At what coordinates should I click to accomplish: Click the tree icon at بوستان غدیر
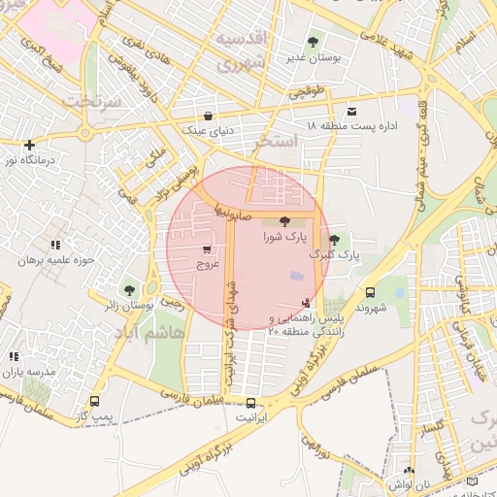click(x=313, y=42)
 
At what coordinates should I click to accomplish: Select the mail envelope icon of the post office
click(x=350, y=111)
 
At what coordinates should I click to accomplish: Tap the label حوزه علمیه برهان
click(x=55, y=261)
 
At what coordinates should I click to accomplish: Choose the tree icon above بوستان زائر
click(x=129, y=290)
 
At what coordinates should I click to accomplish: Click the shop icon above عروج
click(x=208, y=248)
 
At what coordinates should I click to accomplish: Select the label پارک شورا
click(x=284, y=236)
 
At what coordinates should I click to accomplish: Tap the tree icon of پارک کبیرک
click(x=335, y=240)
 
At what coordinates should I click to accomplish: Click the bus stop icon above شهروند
click(x=370, y=292)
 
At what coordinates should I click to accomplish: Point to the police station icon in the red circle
click(x=308, y=303)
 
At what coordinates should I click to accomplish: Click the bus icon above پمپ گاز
click(x=94, y=401)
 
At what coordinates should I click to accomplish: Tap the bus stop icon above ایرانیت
click(x=251, y=403)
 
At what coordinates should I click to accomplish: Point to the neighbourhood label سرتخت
click(x=91, y=100)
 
